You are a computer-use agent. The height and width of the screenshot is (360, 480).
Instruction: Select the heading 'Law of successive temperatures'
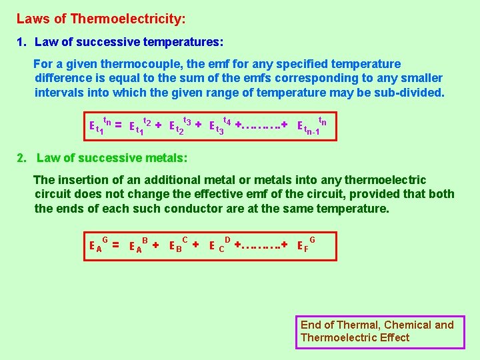129,42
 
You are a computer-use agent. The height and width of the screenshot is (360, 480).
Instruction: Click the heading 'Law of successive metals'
111,158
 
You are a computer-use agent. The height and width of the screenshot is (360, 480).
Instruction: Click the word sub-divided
410,93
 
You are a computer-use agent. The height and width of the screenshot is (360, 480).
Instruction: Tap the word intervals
60,93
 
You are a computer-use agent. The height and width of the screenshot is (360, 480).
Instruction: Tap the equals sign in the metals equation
115,245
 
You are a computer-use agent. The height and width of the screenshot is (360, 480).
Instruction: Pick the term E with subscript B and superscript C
177,245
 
